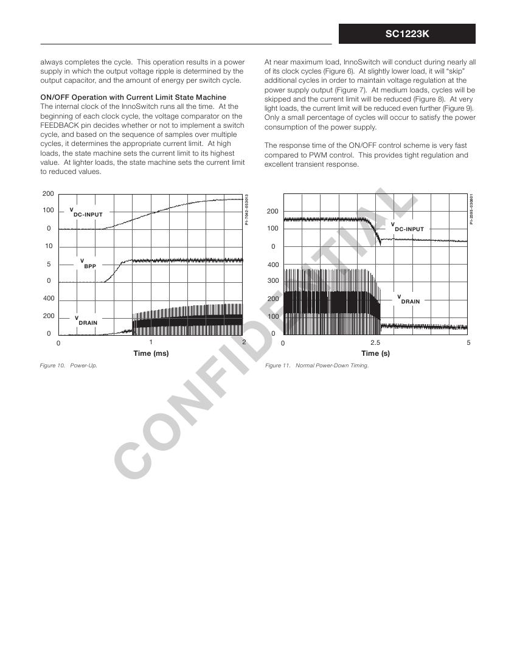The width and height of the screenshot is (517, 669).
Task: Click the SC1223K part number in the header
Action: [x=407, y=34]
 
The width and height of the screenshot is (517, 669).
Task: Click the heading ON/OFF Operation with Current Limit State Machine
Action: [x=133, y=97]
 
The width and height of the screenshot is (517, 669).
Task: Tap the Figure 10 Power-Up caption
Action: [x=68, y=366]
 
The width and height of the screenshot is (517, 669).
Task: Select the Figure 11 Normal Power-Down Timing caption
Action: [x=316, y=366]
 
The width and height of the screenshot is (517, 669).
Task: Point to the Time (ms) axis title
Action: [x=151, y=353]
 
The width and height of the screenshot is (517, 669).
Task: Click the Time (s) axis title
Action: [x=376, y=353]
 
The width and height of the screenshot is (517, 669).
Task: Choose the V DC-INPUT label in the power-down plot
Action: [x=408, y=227]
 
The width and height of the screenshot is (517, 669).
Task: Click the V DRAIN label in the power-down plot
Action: [x=409, y=299]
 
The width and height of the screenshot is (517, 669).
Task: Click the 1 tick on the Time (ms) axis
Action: [x=151, y=342]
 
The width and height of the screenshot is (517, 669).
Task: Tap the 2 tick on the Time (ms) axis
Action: [x=244, y=342]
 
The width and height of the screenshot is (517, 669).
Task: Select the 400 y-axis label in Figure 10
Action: [x=48, y=299]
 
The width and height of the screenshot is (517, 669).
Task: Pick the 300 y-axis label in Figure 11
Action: [x=272, y=282]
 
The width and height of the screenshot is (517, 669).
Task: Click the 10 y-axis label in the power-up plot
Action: [x=49, y=246]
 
